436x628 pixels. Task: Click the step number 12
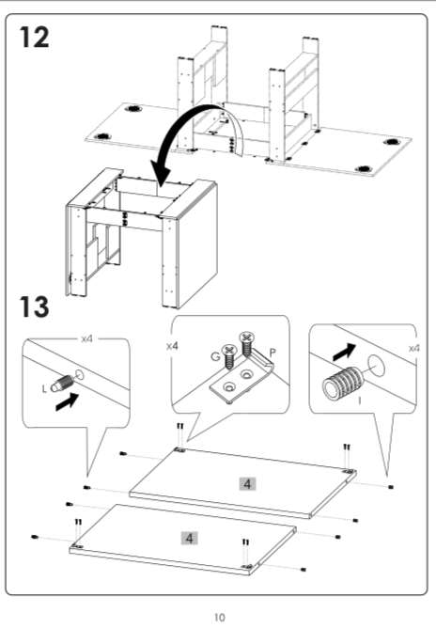pos(35,38)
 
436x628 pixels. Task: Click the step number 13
pos(35,306)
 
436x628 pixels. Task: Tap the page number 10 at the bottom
pos(219,617)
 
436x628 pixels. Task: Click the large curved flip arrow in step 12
pos(188,133)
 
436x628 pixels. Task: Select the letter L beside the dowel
pos(44,388)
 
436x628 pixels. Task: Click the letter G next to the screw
pos(215,356)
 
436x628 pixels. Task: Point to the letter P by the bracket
pos(273,353)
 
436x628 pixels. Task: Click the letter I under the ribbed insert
pos(360,400)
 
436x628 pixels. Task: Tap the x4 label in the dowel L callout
pos(86,338)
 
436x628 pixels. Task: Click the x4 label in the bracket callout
pos(172,346)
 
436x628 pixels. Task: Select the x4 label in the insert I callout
pos(414,349)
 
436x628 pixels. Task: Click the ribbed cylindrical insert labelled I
pos(342,384)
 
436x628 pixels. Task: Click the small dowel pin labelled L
pos(62,384)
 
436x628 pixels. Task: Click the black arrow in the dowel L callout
pos(67,401)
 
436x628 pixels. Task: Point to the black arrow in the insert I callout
pos(344,352)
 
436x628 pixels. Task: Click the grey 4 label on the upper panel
pos(247,484)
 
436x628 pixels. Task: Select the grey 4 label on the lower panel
pos(190,538)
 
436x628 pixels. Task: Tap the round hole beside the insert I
pos(377,366)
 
